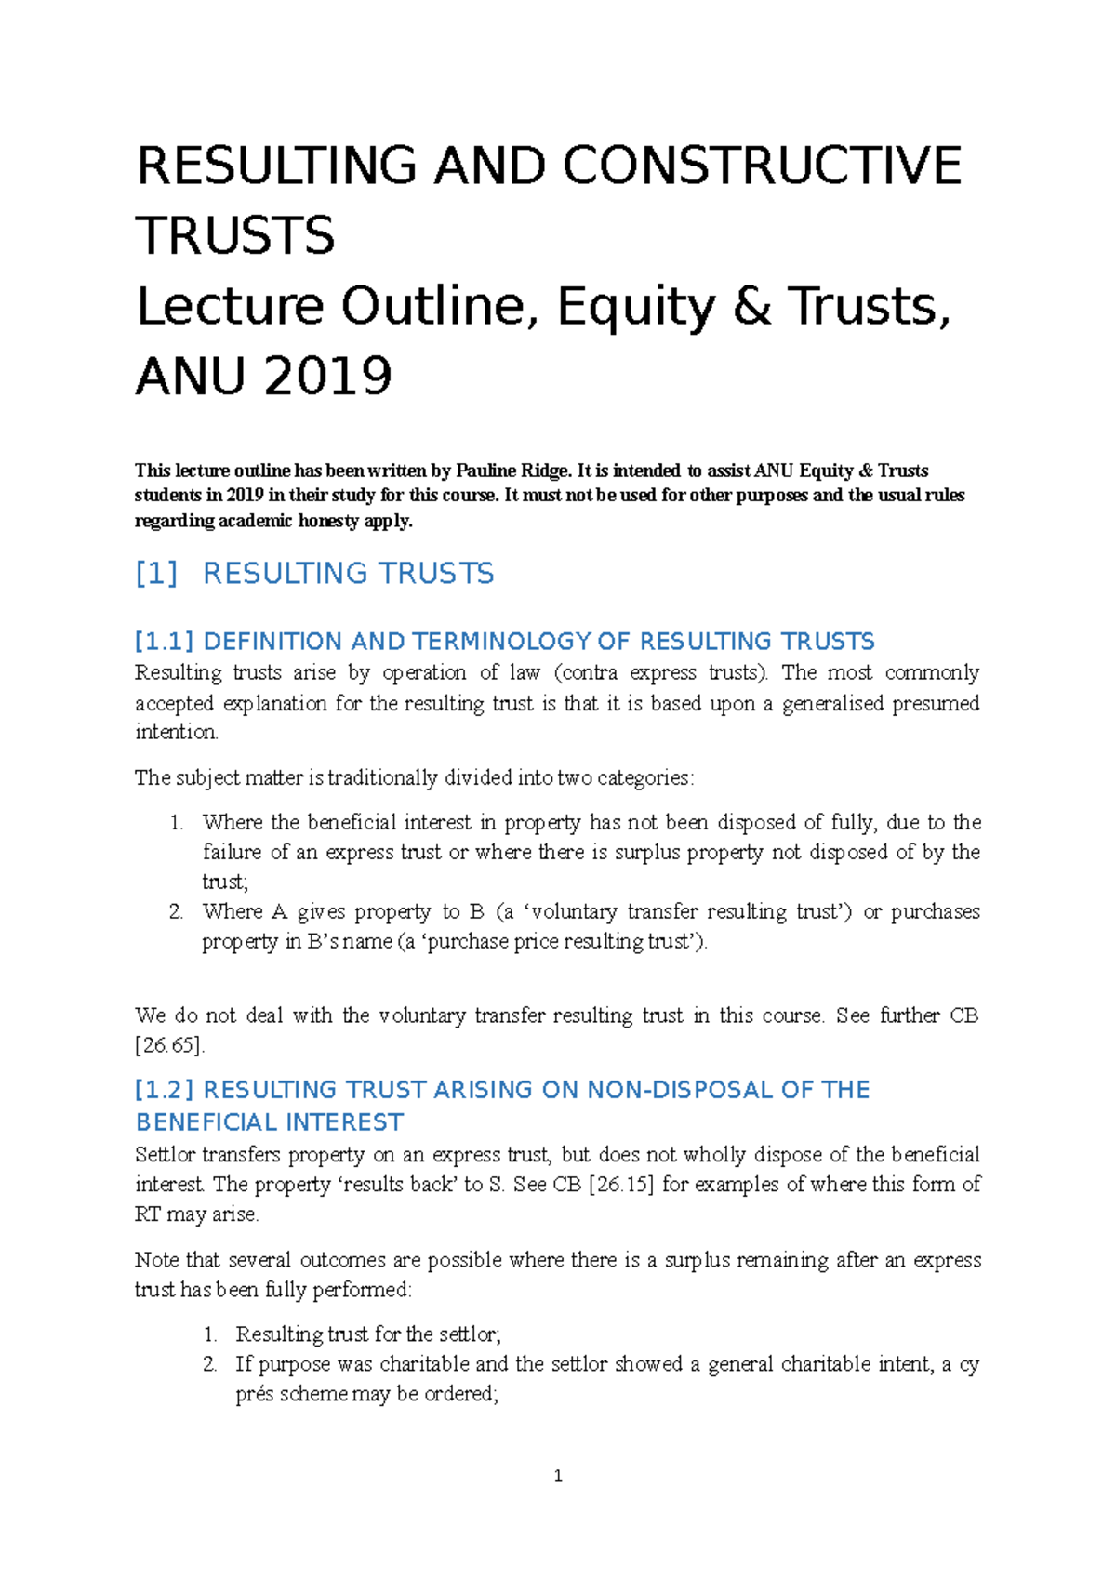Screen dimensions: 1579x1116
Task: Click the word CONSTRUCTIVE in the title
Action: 762,166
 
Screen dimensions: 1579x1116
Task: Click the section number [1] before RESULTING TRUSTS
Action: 156,574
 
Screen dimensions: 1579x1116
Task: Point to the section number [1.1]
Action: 164,642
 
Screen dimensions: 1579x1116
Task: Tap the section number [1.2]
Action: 164,1090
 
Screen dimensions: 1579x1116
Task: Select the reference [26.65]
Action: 169,1045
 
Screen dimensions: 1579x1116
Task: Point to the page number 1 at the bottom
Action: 558,1476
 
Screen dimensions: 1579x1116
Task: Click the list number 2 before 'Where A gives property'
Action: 176,912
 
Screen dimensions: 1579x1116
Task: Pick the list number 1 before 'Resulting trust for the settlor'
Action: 209,1334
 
